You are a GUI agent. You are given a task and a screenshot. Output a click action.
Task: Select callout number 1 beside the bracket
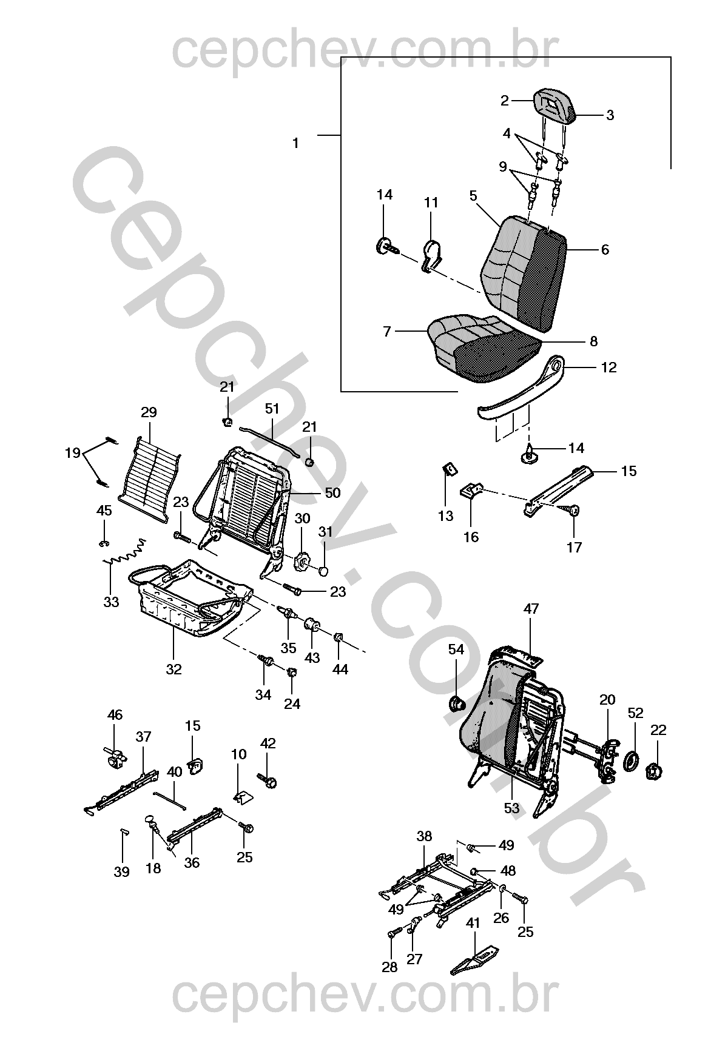pyautogui.click(x=295, y=144)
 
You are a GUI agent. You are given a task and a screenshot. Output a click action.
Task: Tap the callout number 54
pyautogui.click(x=456, y=650)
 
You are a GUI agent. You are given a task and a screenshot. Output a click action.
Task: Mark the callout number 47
pyautogui.click(x=531, y=609)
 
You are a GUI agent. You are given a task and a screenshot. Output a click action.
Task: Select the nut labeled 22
pyautogui.click(x=656, y=772)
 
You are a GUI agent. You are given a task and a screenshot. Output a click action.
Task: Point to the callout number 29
pyautogui.click(x=149, y=412)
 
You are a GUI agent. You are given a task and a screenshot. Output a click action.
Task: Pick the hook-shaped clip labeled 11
pyautogui.click(x=430, y=255)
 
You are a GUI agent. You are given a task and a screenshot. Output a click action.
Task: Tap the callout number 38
pyautogui.click(x=424, y=836)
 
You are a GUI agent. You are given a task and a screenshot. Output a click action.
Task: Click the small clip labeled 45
pyautogui.click(x=104, y=542)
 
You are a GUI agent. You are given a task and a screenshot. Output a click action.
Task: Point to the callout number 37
pyautogui.click(x=143, y=737)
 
